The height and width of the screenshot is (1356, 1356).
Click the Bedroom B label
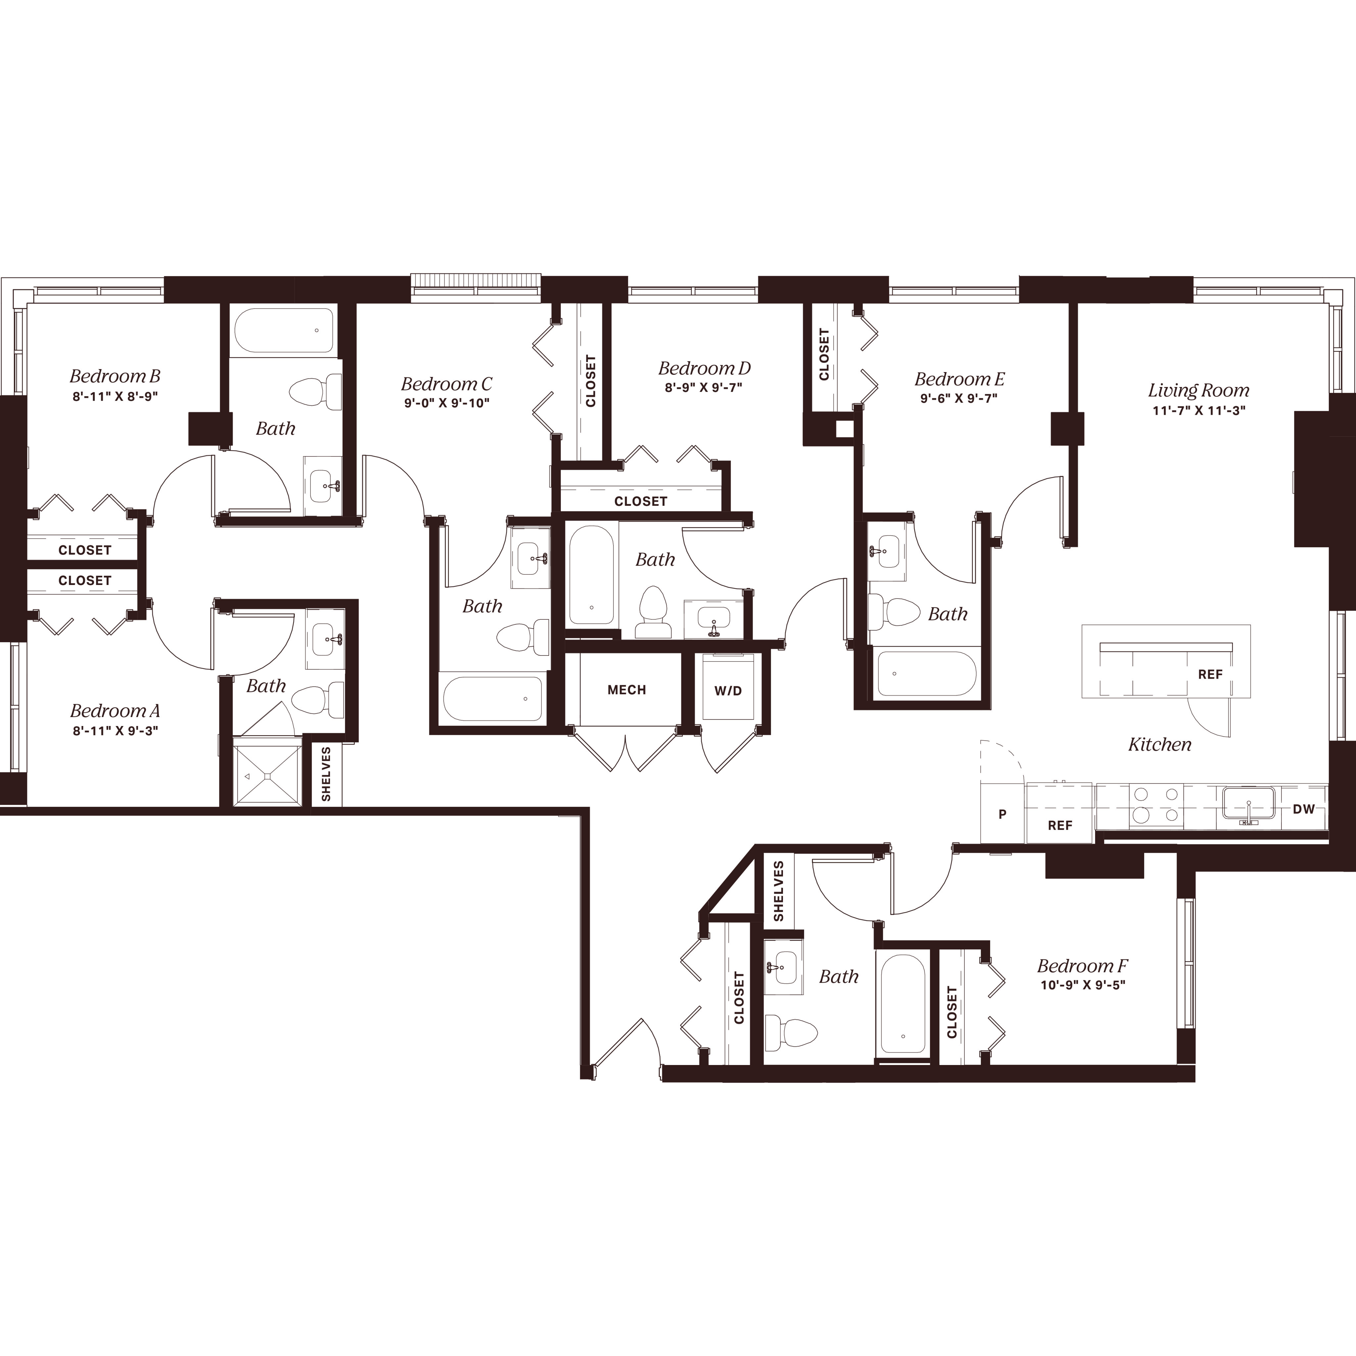[x=115, y=376]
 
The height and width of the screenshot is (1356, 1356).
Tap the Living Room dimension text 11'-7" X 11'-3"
[x=1199, y=411]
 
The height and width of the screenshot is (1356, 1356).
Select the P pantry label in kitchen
[x=1002, y=814]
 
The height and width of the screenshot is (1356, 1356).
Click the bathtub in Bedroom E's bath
[x=926, y=674]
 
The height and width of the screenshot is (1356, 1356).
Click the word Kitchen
[x=1159, y=745]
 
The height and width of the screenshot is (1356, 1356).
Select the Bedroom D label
[x=704, y=368]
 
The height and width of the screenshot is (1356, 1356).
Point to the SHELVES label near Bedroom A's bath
[x=326, y=774]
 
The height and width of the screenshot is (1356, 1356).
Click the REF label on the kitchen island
[x=1210, y=674]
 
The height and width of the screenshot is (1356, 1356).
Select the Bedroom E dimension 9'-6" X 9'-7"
[x=959, y=398]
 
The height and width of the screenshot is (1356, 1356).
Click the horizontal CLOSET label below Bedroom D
[x=640, y=501]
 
